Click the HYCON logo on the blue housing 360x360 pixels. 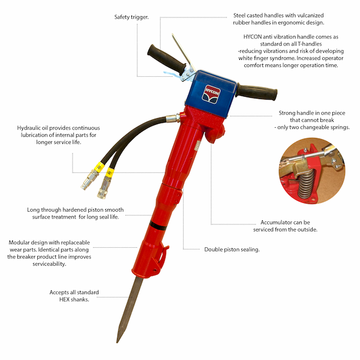pyautogui.click(x=211, y=94)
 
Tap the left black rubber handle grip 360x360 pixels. pyautogui.click(x=166, y=59)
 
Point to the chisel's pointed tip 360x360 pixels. pyautogui.click(x=118, y=342)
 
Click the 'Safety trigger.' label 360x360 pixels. pyautogui.click(x=131, y=17)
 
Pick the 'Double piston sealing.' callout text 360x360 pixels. pyautogui.click(x=232, y=250)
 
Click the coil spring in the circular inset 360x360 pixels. pyautogui.click(x=306, y=184)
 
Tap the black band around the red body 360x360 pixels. pyautogui.click(x=158, y=225)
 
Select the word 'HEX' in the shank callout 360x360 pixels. pyautogui.click(x=64, y=299)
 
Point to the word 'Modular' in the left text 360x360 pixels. pyautogui.click(x=19, y=242)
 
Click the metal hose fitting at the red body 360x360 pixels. pyautogui.click(x=173, y=118)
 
